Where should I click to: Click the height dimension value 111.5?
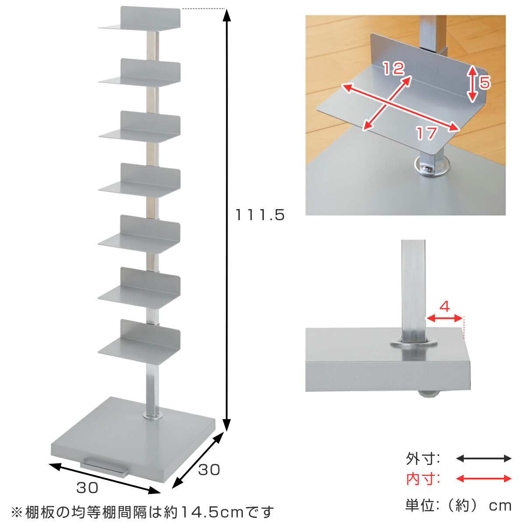point(259,215)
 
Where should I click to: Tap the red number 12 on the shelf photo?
point(394,68)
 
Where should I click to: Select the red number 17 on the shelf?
point(427,133)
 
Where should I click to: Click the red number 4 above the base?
point(444,307)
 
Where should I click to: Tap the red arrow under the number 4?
point(445,318)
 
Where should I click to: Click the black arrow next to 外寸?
point(483,458)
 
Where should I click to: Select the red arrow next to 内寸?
point(483,479)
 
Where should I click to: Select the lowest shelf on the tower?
point(139,342)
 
